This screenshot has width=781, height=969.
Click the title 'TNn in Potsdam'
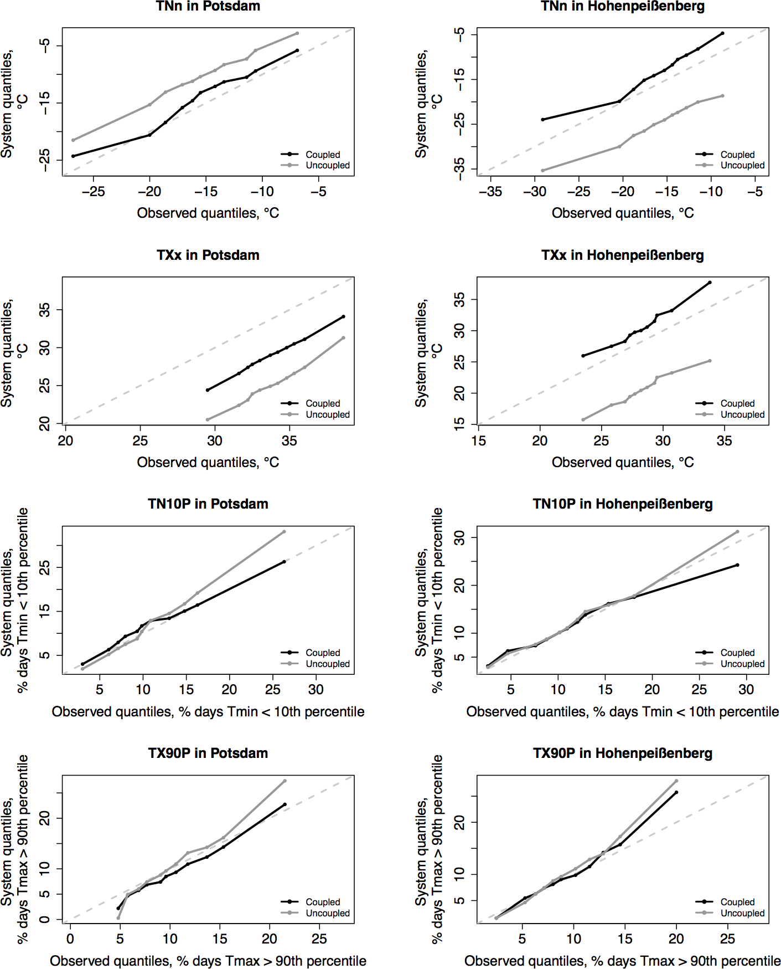(x=208, y=7)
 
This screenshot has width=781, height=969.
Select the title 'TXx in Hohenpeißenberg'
(x=622, y=255)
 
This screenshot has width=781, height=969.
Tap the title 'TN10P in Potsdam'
(x=208, y=504)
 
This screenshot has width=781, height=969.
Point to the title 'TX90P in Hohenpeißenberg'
(x=622, y=753)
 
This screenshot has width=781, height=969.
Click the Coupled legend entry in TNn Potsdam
(x=323, y=155)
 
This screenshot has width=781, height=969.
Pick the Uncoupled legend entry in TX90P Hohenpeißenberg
(x=742, y=913)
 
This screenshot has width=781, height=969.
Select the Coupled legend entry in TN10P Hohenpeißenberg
(x=737, y=653)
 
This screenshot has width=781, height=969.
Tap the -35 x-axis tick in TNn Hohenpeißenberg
(x=490, y=192)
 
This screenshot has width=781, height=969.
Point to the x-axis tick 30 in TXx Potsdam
(x=215, y=441)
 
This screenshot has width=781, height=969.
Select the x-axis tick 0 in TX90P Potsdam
(x=70, y=939)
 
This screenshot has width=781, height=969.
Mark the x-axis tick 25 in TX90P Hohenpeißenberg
(x=727, y=939)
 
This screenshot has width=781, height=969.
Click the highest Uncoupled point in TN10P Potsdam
(x=284, y=532)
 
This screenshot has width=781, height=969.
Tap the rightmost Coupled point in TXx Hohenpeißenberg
(x=710, y=283)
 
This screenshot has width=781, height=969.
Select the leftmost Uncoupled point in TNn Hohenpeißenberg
(x=542, y=170)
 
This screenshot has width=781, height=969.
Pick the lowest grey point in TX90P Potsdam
(x=118, y=917)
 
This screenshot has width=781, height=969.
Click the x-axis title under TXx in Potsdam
(x=208, y=463)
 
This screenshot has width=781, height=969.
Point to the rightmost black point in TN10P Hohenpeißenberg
(x=737, y=565)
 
